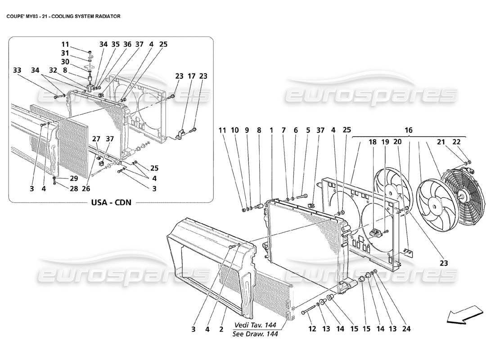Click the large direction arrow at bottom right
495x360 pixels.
click(x=464, y=313)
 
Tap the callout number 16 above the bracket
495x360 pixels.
click(x=408, y=130)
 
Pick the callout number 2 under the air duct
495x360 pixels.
click(x=221, y=329)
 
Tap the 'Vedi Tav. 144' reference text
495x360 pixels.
click(x=255, y=325)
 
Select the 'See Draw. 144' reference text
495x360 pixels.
click(x=255, y=334)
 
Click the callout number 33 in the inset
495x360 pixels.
click(x=17, y=70)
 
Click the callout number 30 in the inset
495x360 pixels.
click(x=65, y=61)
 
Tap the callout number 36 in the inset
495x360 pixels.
click(x=127, y=44)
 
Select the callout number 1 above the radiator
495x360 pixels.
click(x=272, y=130)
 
